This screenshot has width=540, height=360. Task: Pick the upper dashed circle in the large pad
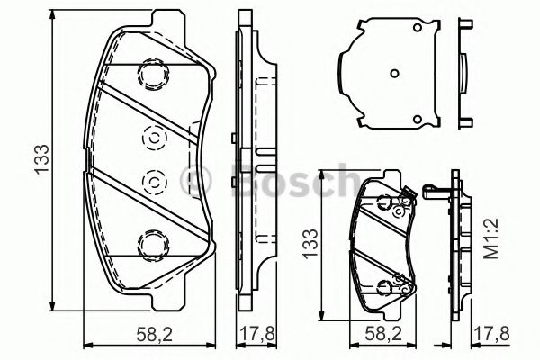[152, 139]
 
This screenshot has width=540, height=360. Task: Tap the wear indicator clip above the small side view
[436, 190]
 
